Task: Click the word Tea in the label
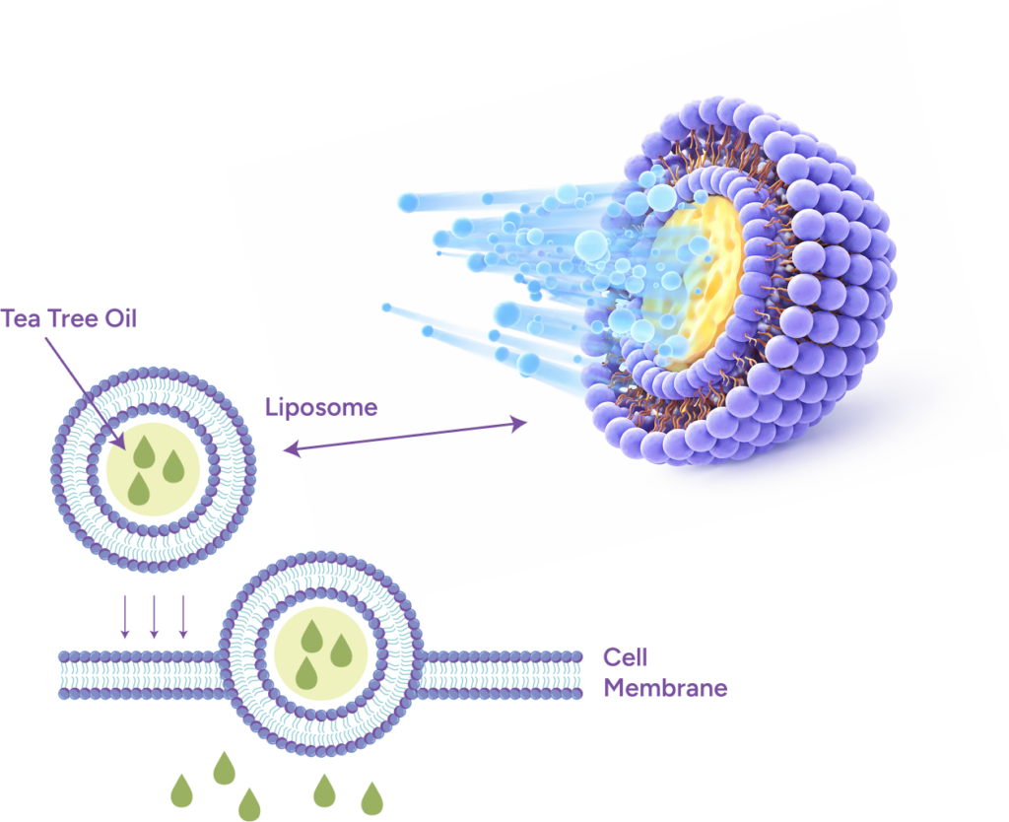tap(21, 319)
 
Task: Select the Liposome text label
tap(321, 407)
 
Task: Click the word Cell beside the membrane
tap(625, 657)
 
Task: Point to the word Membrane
tap(665, 689)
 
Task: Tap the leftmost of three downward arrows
tap(125, 616)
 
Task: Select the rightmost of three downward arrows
tap(182, 616)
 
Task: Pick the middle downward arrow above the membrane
tap(154, 616)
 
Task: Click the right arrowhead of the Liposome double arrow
tap(519, 424)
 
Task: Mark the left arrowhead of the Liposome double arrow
tap(288, 450)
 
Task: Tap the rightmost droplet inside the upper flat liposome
tap(173, 467)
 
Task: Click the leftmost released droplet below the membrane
tap(182, 790)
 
